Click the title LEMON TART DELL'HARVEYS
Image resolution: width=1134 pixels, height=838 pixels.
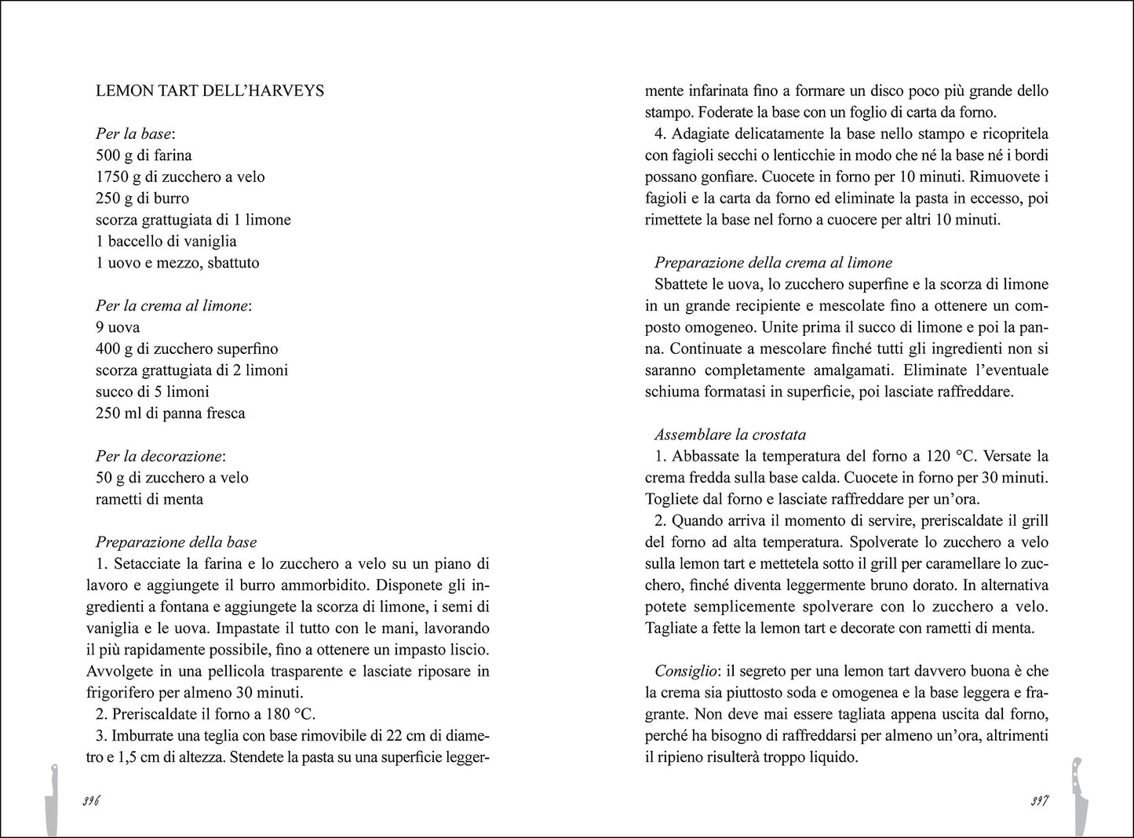click(210, 90)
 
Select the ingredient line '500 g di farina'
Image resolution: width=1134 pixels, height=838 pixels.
click(144, 155)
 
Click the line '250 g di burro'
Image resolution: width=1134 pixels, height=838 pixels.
click(142, 199)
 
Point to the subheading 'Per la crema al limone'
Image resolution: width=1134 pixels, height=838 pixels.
click(172, 306)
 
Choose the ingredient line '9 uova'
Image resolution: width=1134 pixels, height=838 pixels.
click(118, 327)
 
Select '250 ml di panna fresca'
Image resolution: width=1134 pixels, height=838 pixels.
click(170, 414)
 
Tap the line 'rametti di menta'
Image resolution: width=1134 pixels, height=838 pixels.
click(149, 499)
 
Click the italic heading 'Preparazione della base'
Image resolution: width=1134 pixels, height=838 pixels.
click(176, 542)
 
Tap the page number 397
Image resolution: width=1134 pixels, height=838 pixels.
click(1040, 801)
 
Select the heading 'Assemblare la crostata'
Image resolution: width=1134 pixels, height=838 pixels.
click(730, 435)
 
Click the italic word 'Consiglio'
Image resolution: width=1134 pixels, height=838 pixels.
click(685, 671)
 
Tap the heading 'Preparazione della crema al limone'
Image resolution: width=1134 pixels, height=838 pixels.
click(773, 263)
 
